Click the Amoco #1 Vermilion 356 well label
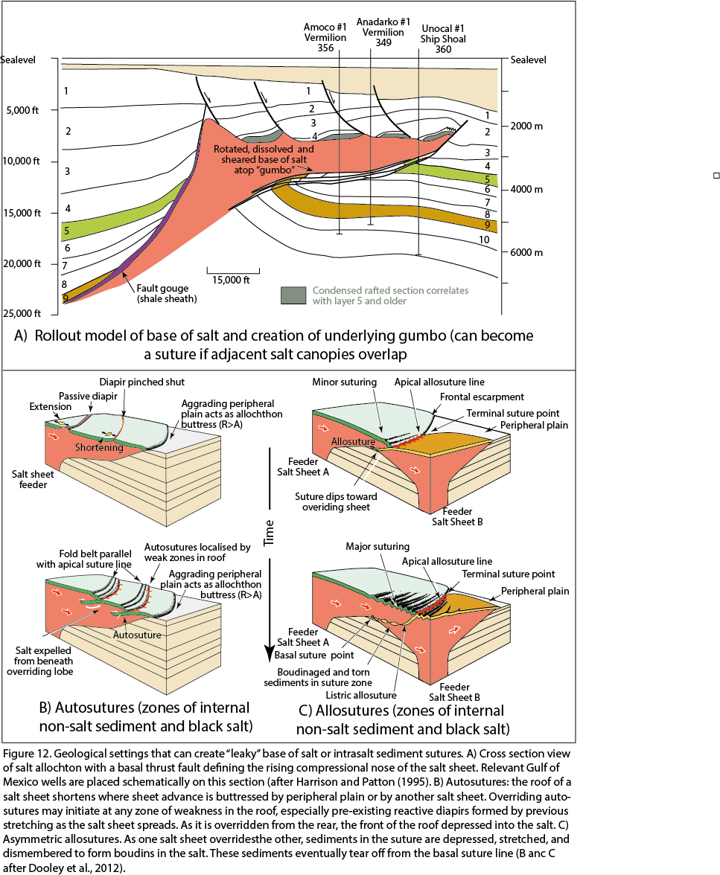pyautogui.click(x=319, y=37)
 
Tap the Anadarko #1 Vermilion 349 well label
pyautogui.click(x=380, y=31)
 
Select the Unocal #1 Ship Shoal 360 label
pyautogui.click(x=441, y=37)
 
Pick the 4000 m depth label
pyautogui.click(x=526, y=189)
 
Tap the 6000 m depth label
pyautogui.click(x=526, y=252)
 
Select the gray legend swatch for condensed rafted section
pyautogui.click(x=293, y=295)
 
